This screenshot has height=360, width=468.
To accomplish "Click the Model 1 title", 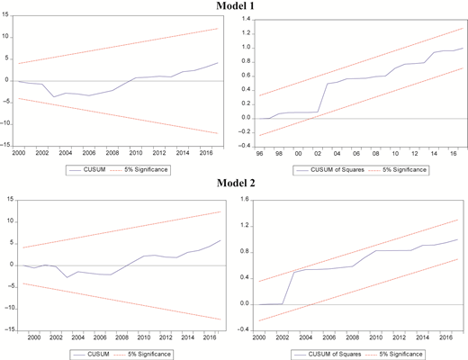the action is coord(235,5).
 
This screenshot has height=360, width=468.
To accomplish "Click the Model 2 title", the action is coord(236,183).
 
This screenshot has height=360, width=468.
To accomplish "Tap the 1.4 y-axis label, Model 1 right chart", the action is coord(246,19).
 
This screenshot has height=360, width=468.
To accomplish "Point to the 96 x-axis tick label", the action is coord(259,154).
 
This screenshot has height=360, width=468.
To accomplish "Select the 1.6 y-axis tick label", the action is coord(245,200).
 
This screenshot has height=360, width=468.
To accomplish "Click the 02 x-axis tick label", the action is coord(318,154).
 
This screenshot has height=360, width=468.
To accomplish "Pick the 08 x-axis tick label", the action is coord(375,154).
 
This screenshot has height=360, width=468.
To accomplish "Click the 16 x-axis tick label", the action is coord(454,154).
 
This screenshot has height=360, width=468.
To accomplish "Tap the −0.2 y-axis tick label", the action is coord(244,132).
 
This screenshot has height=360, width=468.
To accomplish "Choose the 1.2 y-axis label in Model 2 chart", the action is coord(245,226).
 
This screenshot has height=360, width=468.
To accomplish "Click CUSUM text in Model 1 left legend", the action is coord(94,169).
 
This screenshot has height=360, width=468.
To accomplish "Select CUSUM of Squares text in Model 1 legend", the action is coord(337,170).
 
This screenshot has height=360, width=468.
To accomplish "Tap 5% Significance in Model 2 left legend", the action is coord(149,354).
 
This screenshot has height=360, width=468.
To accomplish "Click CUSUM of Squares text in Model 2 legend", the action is coord(335,354).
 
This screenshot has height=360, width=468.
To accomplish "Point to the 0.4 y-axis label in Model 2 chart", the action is coord(245,278).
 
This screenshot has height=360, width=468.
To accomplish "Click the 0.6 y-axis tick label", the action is coord(246,76).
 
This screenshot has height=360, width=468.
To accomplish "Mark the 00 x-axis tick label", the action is coord(298,154).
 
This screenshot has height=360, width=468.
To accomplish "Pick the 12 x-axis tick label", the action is coord(415,154).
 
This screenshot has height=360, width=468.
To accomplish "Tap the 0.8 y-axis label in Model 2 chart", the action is coord(245,252).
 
